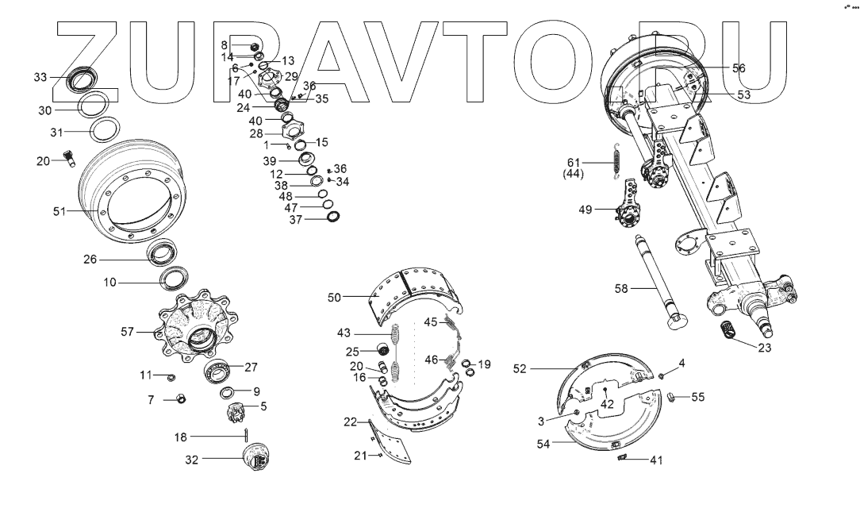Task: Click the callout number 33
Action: tap(40, 77)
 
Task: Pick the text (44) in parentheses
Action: tap(574, 173)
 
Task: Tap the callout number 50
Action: tap(334, 297)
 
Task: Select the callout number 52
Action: tap(520, 368)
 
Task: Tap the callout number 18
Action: tap(182, 437)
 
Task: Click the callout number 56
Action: tap(739, 68)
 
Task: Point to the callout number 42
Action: tap(607, 402)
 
